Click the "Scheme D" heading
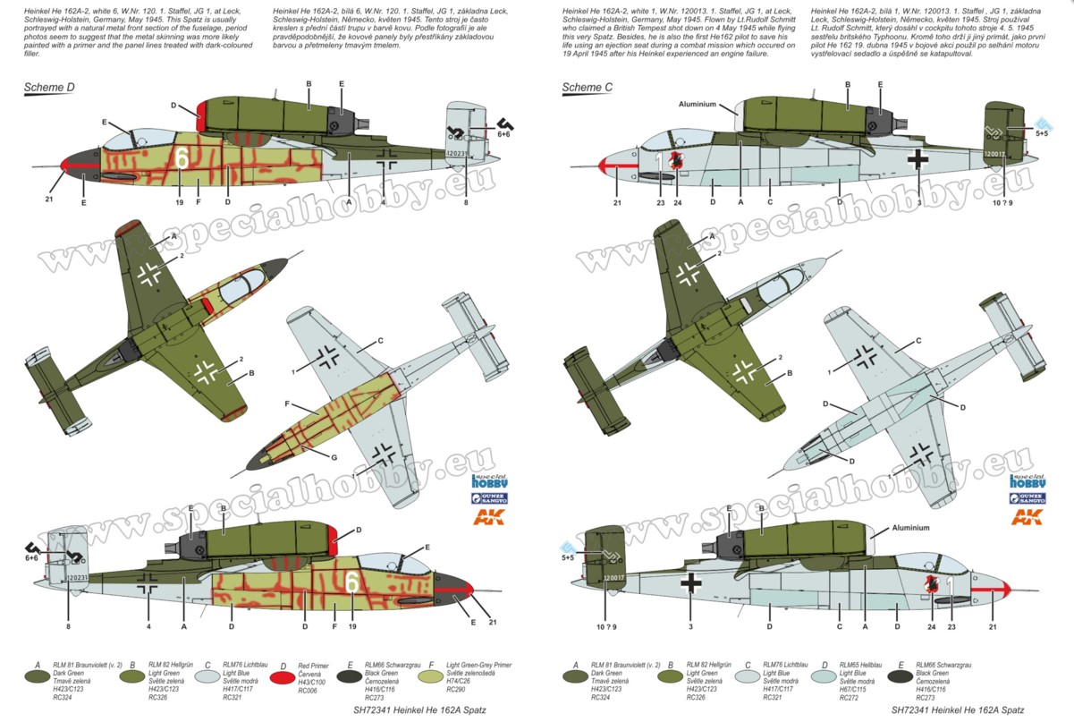pyautogui.click(x=50, y=88)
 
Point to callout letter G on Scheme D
pyautogui.click(x=334, y=458)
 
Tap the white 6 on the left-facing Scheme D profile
pyautogui.click(x=182, y=157)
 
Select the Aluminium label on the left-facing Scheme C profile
pyautogui.click(x=699, y=104)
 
